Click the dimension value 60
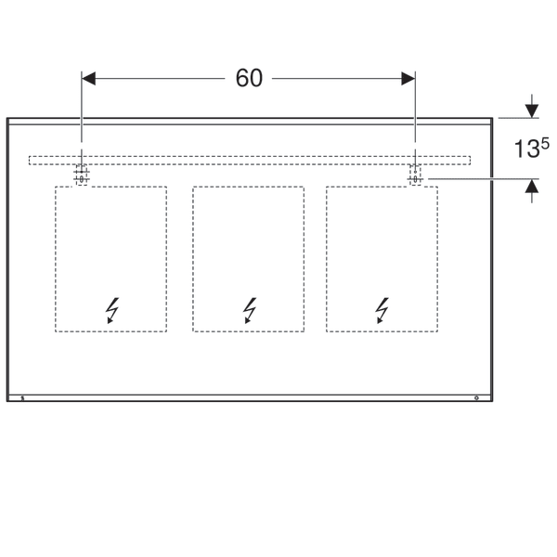point(249,79)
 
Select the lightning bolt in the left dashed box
point(112,309)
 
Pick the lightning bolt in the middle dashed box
point(248,309)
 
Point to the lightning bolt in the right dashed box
point(382,309)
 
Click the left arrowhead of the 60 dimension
point(89,79)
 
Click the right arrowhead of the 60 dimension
point(408,79)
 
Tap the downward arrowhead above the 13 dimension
point(531,110)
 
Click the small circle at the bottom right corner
point(476,397)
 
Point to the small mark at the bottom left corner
point(23,397)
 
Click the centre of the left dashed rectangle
point(111,259)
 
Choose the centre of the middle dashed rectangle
point(248,259)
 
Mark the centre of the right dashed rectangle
point(382,259)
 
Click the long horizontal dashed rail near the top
point(248,160)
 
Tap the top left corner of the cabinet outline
point(7,119)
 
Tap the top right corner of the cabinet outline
point(492,119)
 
